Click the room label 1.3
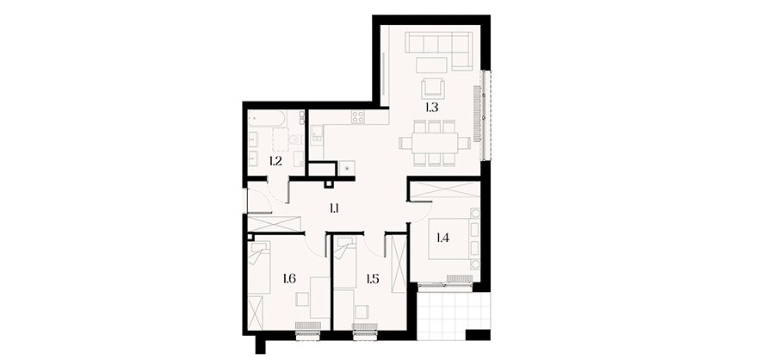point(432,108)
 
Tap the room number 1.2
point(275,161)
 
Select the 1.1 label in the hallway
point(334,209)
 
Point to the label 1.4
point(442,239)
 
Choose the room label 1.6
point(289,279)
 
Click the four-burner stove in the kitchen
point(358,117)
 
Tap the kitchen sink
point(317,133)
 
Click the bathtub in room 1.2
point(267,118)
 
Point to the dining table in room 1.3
point(435,143)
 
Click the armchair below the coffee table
point(433,89)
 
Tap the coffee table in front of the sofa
point(431,65)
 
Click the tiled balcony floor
point(454,314)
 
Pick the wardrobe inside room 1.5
point(399,264)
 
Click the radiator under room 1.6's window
point(308,326)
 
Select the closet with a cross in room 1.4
point(445,191)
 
